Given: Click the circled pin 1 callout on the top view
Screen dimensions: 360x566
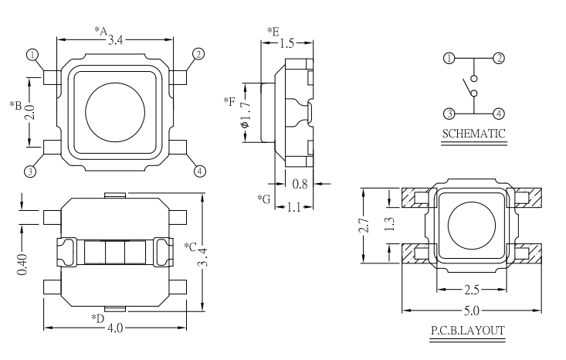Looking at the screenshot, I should click(32, 55).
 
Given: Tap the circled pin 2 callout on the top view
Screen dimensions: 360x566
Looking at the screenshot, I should click(198, 54).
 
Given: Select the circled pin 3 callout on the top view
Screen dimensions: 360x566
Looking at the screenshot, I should click(32, 172).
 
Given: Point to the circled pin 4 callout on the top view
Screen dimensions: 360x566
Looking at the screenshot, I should click(199, 171).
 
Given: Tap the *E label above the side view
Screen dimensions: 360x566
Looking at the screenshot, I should click(273, 31).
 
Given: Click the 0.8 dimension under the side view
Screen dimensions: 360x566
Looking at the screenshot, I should click(302, 184).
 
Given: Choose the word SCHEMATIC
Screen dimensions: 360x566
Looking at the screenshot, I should click(473, 134).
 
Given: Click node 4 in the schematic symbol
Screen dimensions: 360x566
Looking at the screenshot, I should click(499, 114).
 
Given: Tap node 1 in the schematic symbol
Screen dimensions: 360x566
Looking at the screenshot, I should click(449, 59).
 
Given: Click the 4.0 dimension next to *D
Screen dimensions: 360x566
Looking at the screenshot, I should click(114, 328).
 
